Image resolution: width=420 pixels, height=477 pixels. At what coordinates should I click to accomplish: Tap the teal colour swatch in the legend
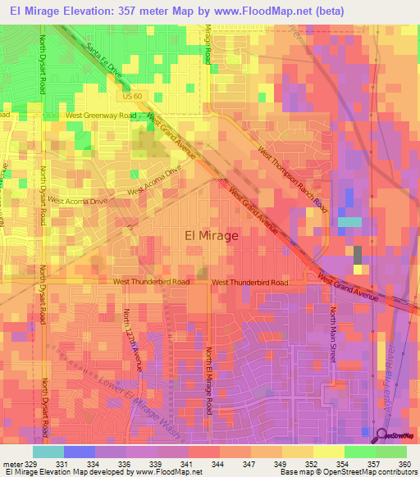point(48,452)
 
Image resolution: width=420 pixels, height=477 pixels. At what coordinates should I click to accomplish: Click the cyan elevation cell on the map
point(349,222)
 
